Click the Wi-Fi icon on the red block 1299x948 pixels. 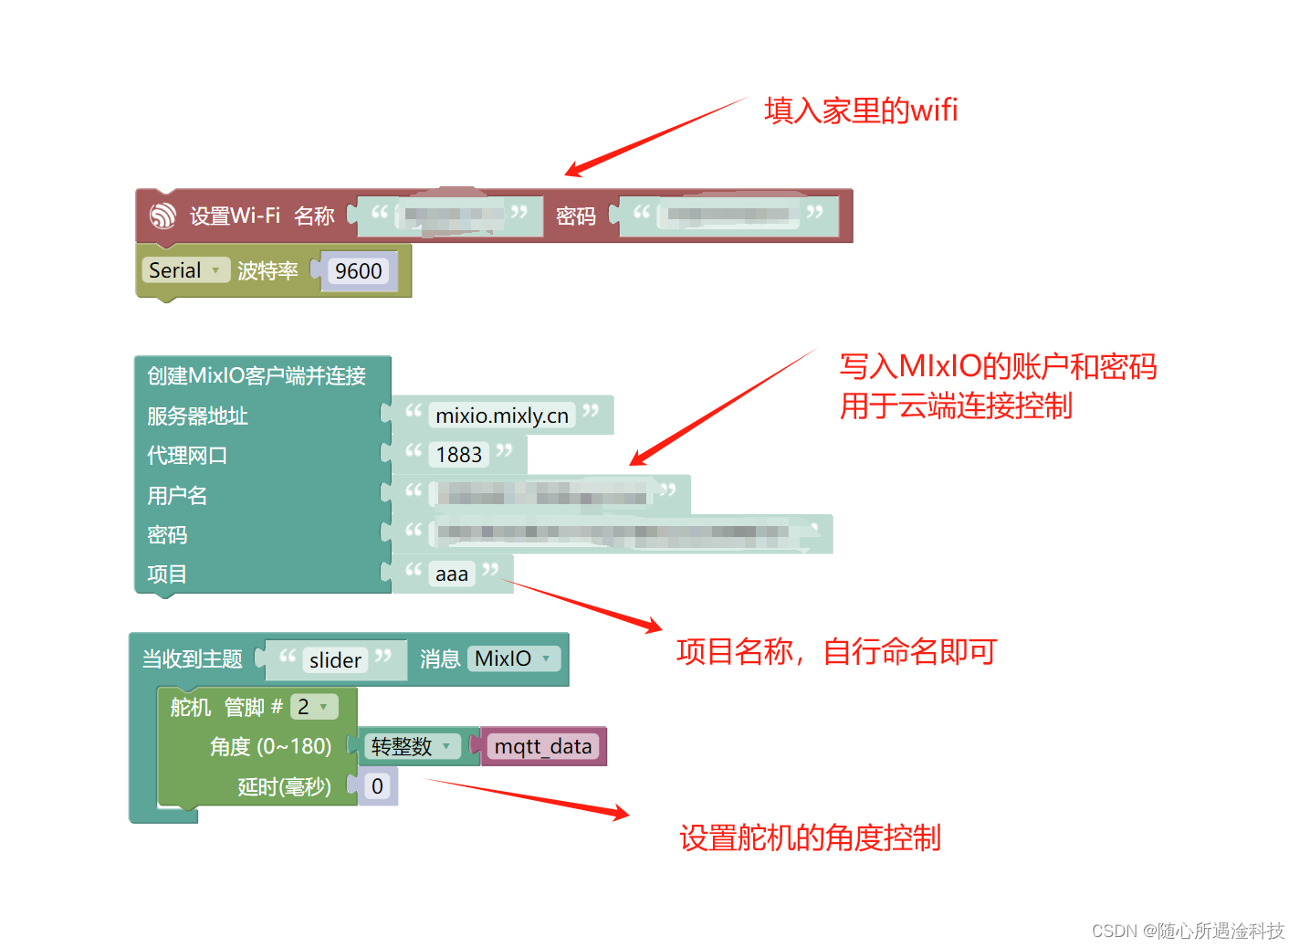pos(162,216)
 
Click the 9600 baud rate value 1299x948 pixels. pos(358,271)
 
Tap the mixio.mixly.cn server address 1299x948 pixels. pos(501,416)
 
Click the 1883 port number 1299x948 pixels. pos(458,455)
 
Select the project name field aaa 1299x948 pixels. pos(452,574)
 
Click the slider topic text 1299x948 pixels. pos(335,660)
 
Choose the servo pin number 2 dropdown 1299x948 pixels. pos(313,707)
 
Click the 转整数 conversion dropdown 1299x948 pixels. pos(411,746)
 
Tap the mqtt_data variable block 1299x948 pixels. pos(543,746)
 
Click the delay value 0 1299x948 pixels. pos(377,786)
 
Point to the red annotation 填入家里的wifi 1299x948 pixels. pos(861,111)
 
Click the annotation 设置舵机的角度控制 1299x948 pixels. pos(810,837)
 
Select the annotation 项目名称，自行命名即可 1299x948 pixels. pos(836,652)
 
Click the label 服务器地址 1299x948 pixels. pos(197,416)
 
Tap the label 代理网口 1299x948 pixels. pos(187,456)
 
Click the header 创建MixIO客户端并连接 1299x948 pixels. pos(257,375)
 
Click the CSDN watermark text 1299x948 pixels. pos(1188,931)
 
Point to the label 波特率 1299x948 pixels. pos(267,271)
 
